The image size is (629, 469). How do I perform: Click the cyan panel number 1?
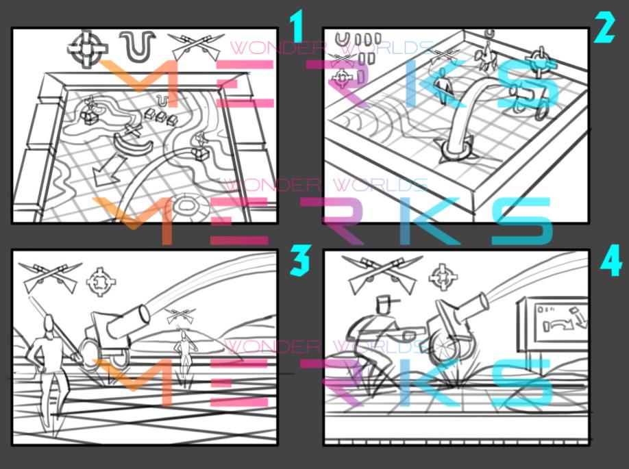[x=296, y=27]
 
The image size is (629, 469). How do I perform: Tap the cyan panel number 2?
[x=604, y=27]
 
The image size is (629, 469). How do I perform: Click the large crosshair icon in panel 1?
[x=88, y=47]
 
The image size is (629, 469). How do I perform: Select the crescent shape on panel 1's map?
[x=129, y=143]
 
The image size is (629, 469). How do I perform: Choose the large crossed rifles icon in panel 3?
[x=49, y=277]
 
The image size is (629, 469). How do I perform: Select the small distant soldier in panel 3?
[x=184, y=353]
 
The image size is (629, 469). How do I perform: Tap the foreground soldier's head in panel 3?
[x=47, y=325]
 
